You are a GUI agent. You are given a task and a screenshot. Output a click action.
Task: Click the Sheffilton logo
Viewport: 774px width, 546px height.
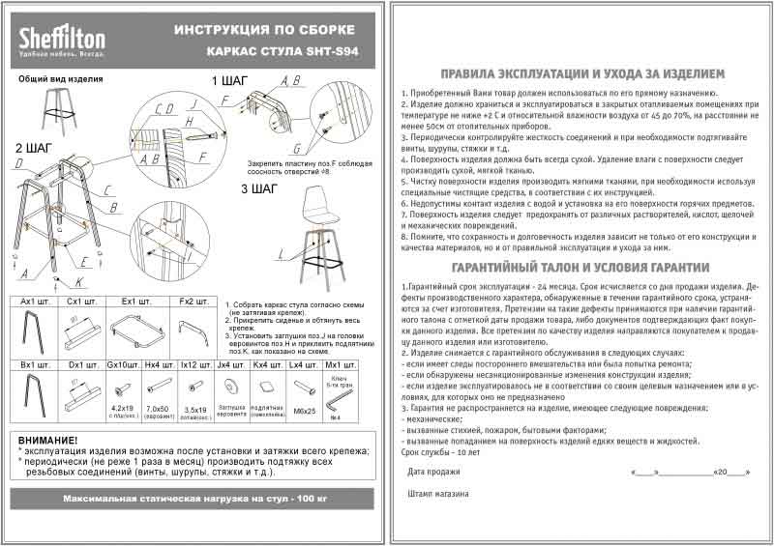62,40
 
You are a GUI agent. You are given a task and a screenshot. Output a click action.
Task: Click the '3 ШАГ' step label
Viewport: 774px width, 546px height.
259,189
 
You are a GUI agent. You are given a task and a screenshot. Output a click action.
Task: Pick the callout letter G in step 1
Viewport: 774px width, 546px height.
297,149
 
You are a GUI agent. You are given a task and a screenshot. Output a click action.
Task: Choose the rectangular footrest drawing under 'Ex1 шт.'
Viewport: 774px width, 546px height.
141,329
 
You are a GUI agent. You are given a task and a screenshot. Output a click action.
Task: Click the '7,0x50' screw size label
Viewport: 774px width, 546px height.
157,410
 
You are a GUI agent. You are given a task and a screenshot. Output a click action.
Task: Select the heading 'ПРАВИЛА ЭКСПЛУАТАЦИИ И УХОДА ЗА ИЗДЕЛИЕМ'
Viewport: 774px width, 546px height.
580,72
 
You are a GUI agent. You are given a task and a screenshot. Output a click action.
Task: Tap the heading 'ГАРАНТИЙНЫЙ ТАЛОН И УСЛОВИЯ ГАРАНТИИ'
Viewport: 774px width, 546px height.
580,267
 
